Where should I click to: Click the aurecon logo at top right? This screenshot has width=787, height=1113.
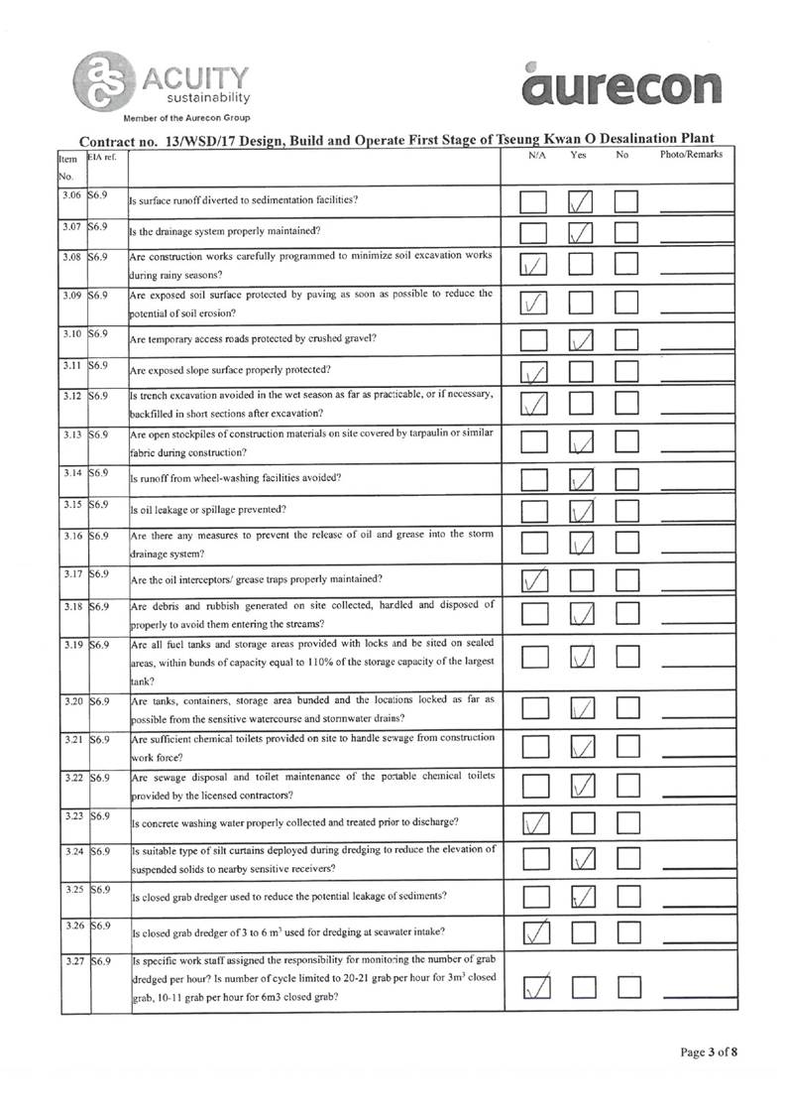(x=622, y=85)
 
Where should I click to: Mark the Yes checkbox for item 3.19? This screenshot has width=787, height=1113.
(x=581, y=656)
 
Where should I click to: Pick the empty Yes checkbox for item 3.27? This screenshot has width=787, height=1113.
(x=581, y=985)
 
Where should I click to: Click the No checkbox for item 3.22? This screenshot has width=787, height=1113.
(x=626, y=784)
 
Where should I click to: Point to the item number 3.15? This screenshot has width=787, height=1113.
(x=71, y=506)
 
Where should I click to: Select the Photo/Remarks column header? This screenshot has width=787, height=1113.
(x=691, y=156)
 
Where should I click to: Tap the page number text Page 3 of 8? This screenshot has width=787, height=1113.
(x=708, y=1052)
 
